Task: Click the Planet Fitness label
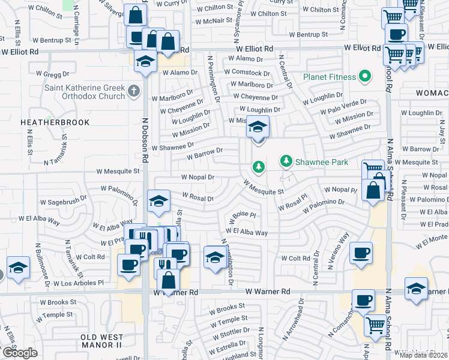click(x=329, y=76)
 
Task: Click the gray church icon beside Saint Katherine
click(x=133, y=91)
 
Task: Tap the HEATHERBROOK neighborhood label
click(x=55, y=122)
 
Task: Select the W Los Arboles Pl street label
click(x=78, y=282)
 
